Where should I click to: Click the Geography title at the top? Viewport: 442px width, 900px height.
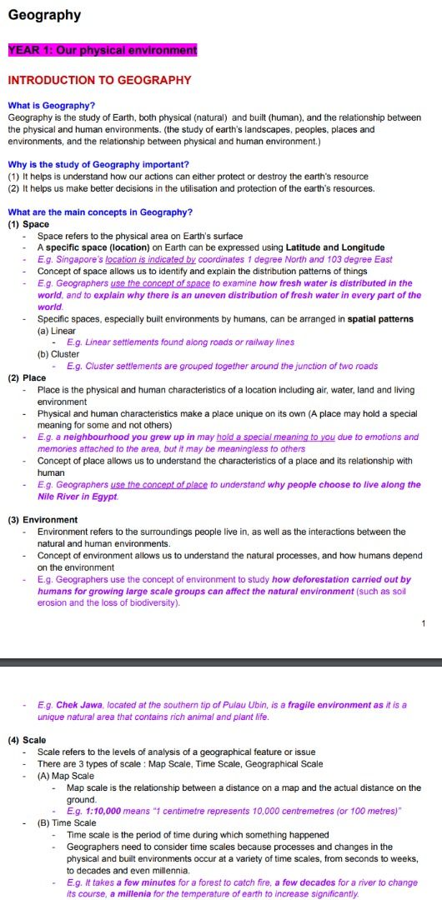[x=44, y=15]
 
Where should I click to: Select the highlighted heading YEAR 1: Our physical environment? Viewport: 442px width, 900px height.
[x=103, y=50]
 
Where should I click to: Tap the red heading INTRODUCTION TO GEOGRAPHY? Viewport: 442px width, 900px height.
[x=99, y=81]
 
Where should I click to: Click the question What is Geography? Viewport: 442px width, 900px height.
[x=51, y=106]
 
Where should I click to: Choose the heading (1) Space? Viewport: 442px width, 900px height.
[x=28, y=224]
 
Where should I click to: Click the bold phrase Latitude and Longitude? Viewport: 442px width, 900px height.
[x=334, y=247]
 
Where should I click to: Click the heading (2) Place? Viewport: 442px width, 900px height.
[x=27, y=377]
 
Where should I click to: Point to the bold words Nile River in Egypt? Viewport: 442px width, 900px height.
[x=77, y=497]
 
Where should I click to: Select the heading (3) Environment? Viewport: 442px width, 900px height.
[x=43, y=520]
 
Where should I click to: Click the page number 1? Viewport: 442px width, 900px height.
[x=424, y=623]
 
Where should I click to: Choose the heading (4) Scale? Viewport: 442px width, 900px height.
[x=27, y=740]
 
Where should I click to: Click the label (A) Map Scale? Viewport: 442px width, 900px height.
[x=66, y=776]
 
